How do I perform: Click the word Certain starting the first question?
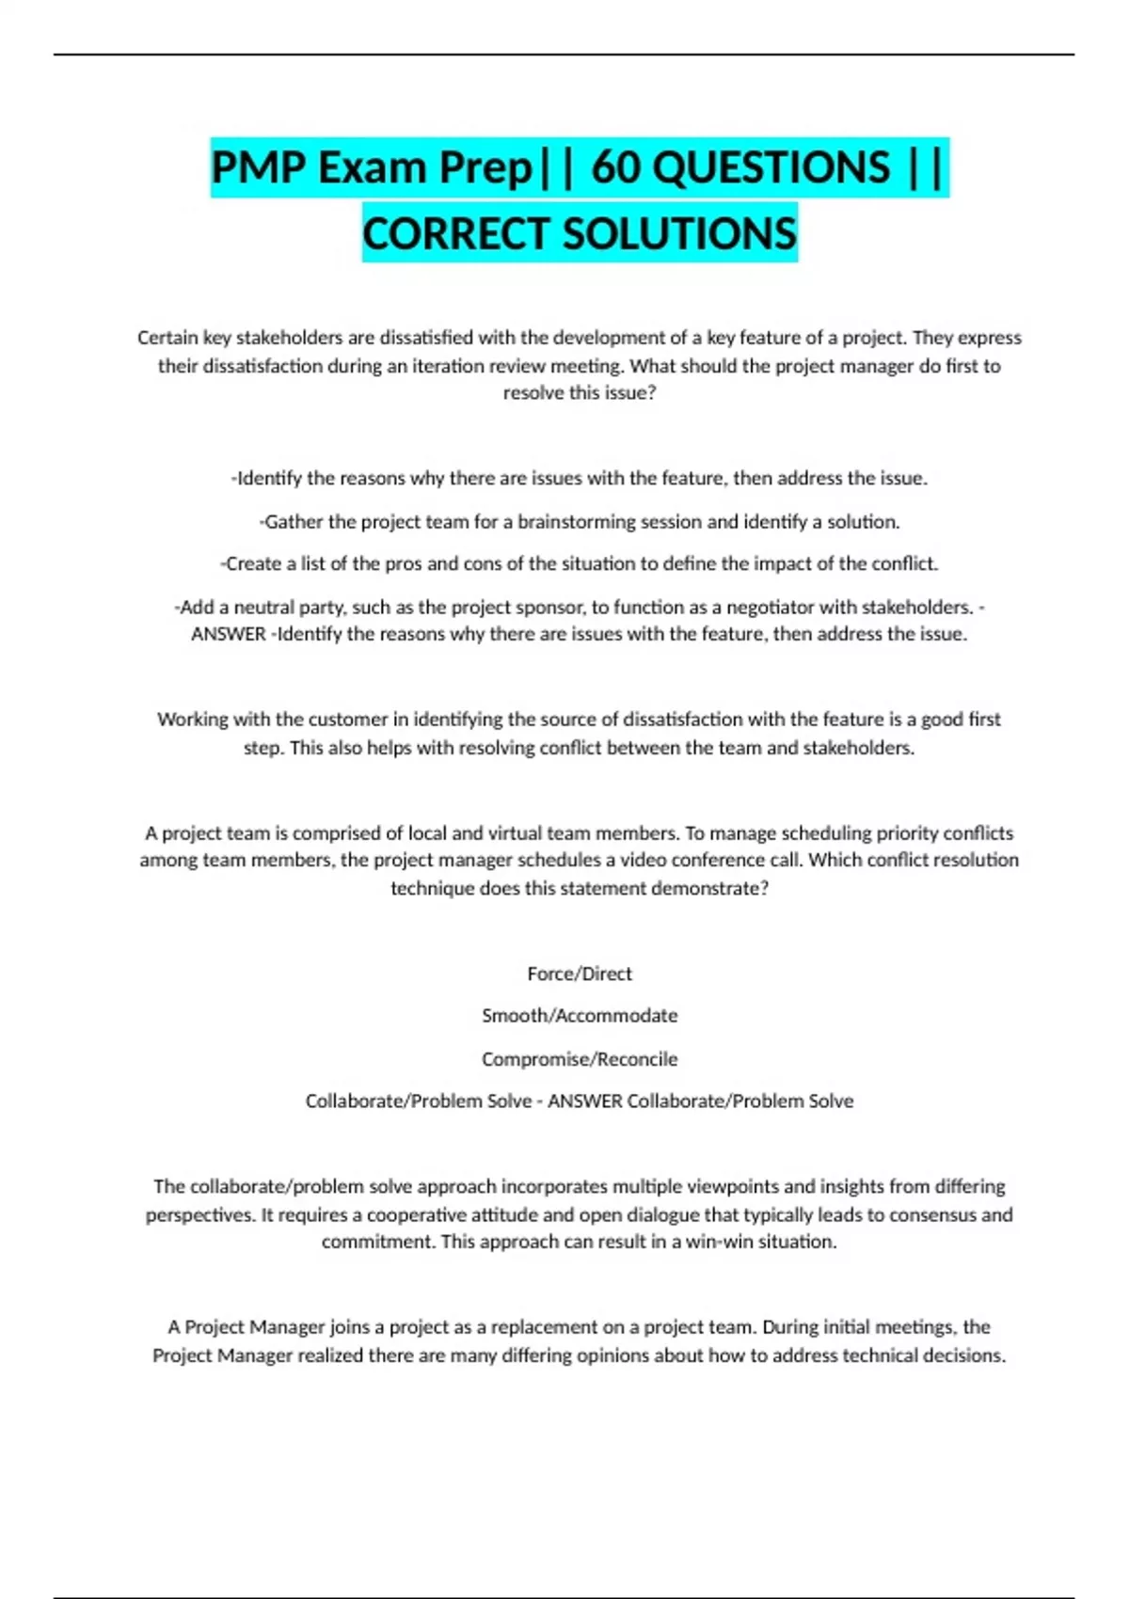(167, 338)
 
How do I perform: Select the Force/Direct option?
(580, 974)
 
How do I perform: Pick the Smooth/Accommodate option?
(580, 1016)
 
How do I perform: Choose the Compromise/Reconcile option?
(580, 1059)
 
